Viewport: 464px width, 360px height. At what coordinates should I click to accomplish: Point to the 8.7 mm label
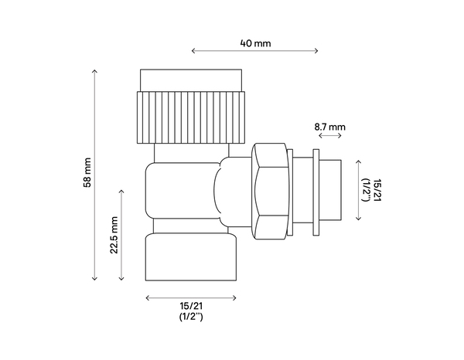(x=329, y=125)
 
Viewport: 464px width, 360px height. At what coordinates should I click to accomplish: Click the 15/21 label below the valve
(x=190, y=307)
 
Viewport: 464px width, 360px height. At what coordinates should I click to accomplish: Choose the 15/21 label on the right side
(x=377, y=190)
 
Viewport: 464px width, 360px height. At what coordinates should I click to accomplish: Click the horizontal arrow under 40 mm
(x=254, y=53)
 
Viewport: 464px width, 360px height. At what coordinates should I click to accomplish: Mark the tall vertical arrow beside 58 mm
(x=96, y=174)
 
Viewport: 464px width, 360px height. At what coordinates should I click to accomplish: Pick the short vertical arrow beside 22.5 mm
(x=122, y=235)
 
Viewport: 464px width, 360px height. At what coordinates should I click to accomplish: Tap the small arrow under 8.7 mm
(x=329, y=136)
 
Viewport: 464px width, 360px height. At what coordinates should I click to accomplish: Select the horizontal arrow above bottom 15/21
(x=190, y=297)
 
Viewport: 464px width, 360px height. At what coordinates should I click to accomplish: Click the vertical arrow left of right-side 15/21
(x=357, y=190)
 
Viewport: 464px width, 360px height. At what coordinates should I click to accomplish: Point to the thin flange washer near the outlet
(x=315, y=190)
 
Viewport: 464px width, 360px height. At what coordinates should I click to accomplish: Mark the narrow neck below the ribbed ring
(x=192, y=152)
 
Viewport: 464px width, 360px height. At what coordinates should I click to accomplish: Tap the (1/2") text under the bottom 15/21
(x=190, y=318)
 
